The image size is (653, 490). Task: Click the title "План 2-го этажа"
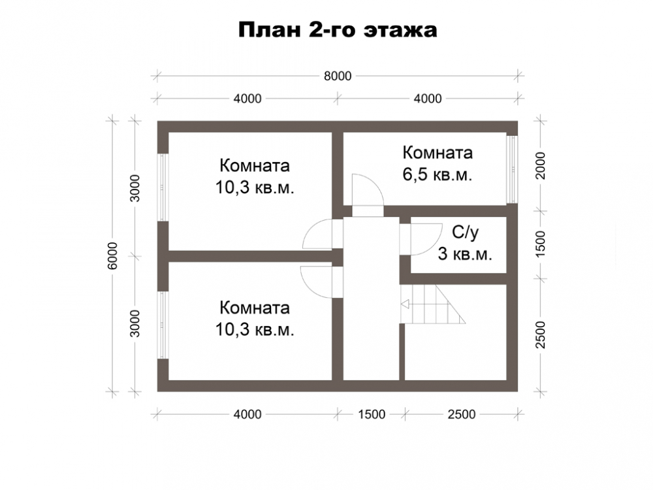(x=338, y=30)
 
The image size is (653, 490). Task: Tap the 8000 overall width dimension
(x=338, y=76)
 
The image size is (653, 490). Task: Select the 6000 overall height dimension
(x=112, y=256)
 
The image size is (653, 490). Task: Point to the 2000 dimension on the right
(x=540, y=165)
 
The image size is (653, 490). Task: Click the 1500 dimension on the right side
(x=540, y=244)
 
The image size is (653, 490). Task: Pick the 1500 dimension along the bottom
(x=372, y=414)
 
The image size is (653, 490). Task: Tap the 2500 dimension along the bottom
(x=462, y=414)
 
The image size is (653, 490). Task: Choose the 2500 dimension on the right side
(x=540, y=335)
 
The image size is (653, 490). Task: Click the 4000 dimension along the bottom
(x=247, y=414)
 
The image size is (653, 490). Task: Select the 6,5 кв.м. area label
(x=438, y=174)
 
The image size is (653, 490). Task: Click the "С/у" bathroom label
(x=465, y=233)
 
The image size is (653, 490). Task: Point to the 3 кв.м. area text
(x=465, y=253)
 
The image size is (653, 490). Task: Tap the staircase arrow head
(x=405, y=304)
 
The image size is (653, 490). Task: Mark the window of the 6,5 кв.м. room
(x=512, y=169)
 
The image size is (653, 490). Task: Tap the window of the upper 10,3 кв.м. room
(x=163, y=187)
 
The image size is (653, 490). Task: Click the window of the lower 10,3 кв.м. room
(x=163, y=325)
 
